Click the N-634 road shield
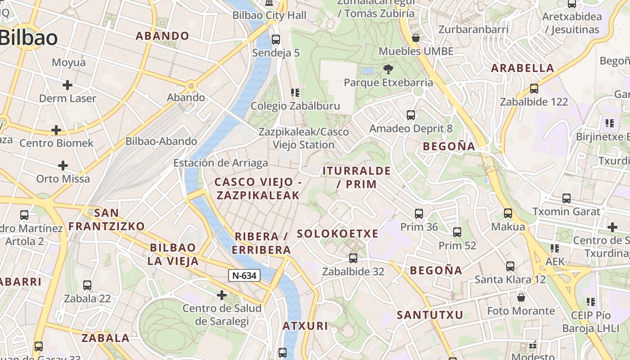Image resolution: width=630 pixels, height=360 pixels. click(244, 275)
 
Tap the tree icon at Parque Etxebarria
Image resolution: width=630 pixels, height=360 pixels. click(388, 69)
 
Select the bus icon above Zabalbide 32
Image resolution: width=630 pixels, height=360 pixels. click(353, 258)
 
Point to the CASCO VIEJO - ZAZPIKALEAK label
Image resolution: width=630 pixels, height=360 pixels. click(258, 189)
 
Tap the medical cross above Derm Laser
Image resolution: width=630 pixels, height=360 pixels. click(67, 85)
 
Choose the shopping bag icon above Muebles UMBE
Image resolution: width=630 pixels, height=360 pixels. click(416, 38)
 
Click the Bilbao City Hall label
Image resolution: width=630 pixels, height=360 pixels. click(269, 15)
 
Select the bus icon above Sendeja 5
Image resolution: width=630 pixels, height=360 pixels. click(276, 40)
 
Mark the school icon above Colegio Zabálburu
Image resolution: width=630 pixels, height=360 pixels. click(295, 93)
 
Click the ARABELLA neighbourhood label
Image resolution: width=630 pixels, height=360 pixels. click(522, 68)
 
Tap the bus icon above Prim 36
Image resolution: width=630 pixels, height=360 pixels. click(419, 213)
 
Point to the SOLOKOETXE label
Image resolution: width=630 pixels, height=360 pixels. click(337, 234)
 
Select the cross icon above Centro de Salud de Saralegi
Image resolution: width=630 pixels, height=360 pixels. click(222, 295)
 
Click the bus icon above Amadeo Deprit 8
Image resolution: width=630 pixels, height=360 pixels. click(411, 115)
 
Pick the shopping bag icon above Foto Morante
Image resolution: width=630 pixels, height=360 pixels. click(521, 297)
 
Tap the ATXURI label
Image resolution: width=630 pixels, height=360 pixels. click(305, 326)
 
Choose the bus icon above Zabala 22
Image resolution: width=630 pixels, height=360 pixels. click(87, 285)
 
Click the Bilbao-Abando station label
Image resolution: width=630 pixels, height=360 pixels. click(161, 141)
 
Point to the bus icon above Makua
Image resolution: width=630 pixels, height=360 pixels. click(508, 213)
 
